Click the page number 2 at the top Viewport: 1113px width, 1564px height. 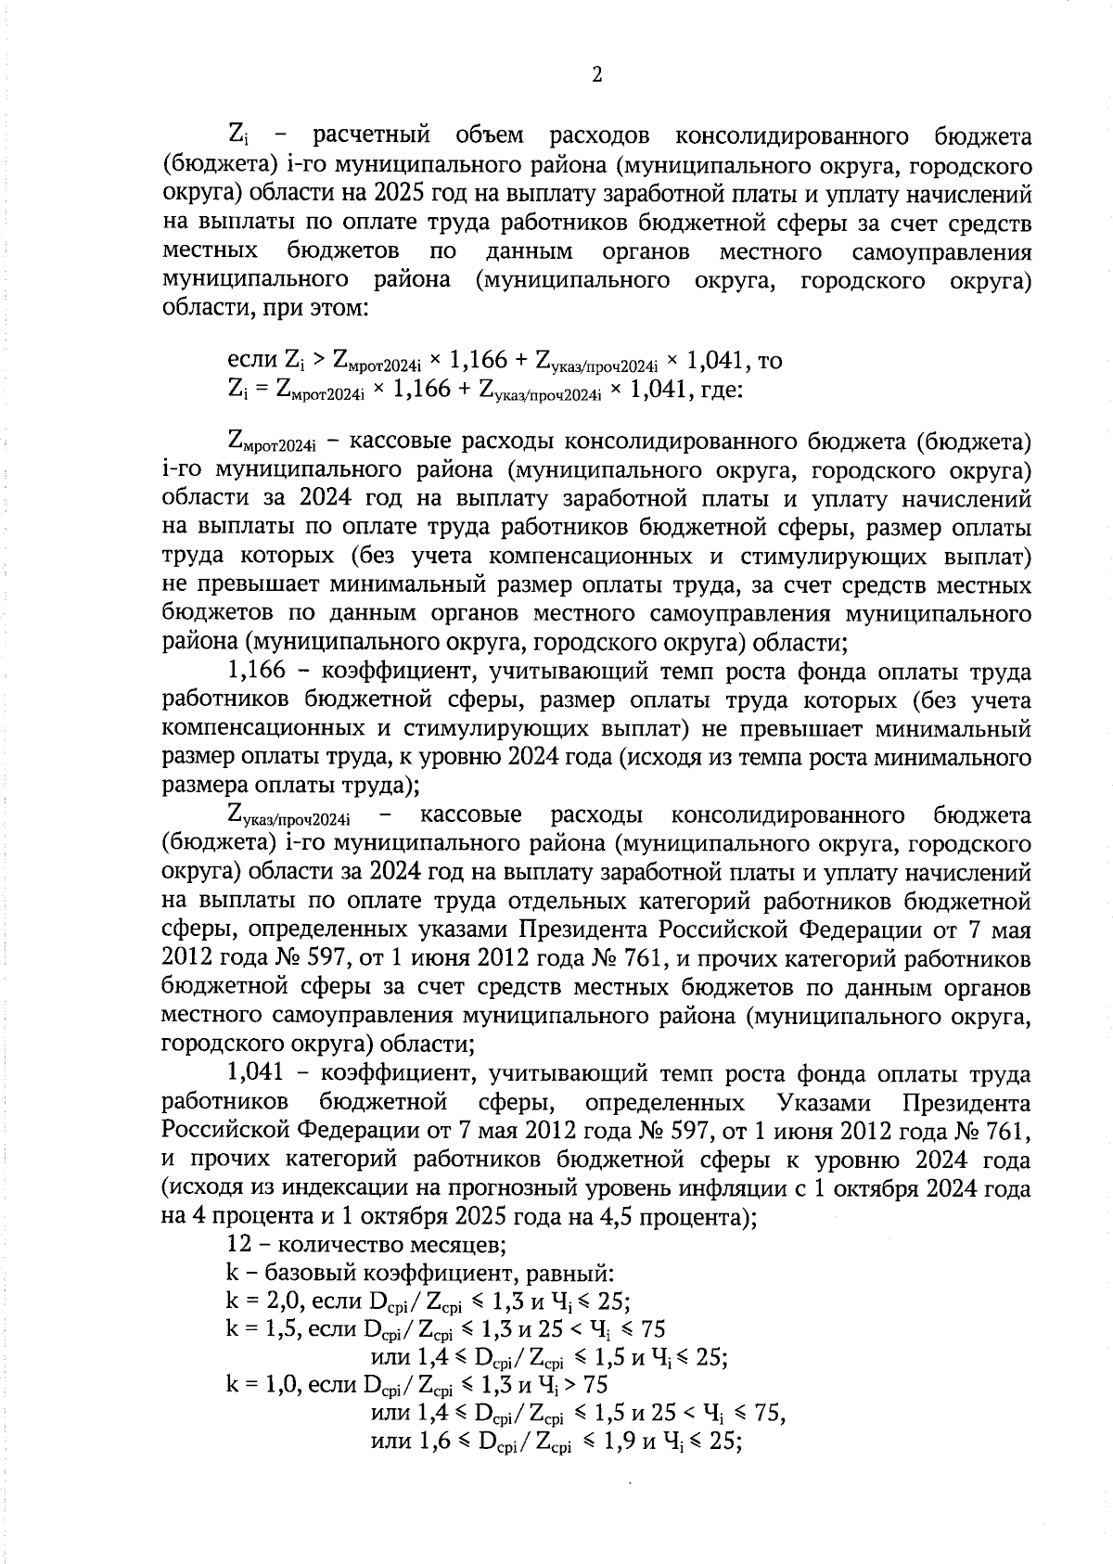click(596, 75)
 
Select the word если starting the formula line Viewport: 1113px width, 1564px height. click(248, 360)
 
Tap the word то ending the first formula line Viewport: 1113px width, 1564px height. click(770, 360)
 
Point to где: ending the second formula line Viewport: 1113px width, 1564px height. click(721, 390)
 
